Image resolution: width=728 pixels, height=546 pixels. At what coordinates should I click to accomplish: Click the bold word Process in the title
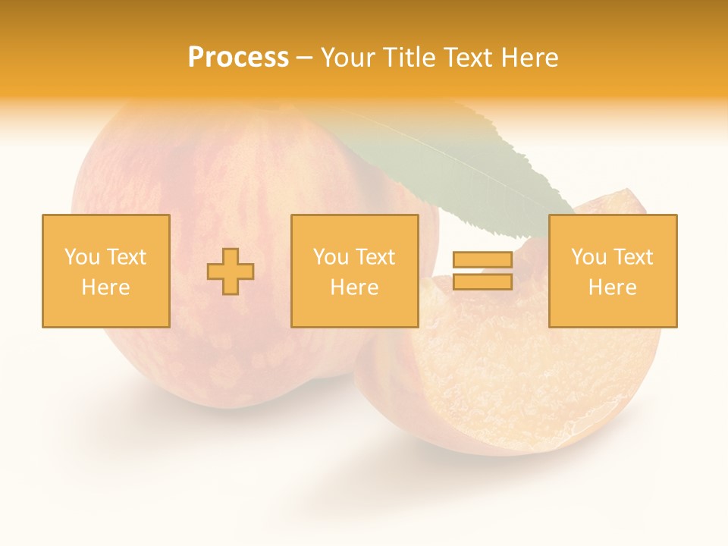pos(238,58)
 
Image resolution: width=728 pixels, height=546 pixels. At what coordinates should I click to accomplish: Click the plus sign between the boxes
pos(231,271)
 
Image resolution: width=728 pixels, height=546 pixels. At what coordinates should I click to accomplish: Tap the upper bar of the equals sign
pos(482,260)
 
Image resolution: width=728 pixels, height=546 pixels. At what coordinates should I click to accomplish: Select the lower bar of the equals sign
pos(482,282)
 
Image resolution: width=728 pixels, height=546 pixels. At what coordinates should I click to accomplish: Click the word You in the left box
pos(81,257)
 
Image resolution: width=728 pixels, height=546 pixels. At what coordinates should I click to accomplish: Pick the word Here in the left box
pos(105,287)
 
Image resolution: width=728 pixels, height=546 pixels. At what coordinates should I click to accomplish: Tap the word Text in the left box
pos(126,257)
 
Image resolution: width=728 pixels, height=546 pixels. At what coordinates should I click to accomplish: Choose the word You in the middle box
pos(330,257)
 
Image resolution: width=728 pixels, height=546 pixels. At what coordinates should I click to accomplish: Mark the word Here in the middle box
pos(354,287)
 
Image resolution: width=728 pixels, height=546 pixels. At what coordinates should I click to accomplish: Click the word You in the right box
pos(588,257)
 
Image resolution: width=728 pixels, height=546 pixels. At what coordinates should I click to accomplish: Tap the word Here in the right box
pos(612,287)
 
